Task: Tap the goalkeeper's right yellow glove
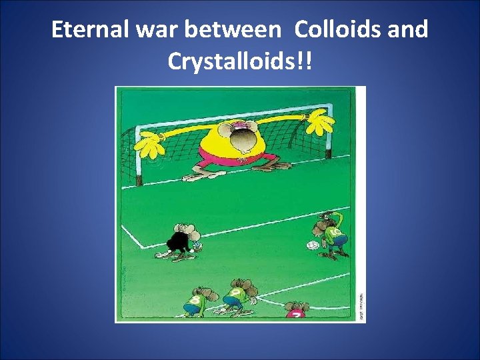[320, 124]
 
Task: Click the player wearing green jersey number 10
[331, 233]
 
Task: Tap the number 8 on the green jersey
[194, 300]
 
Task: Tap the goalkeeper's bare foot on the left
[195, 177]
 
